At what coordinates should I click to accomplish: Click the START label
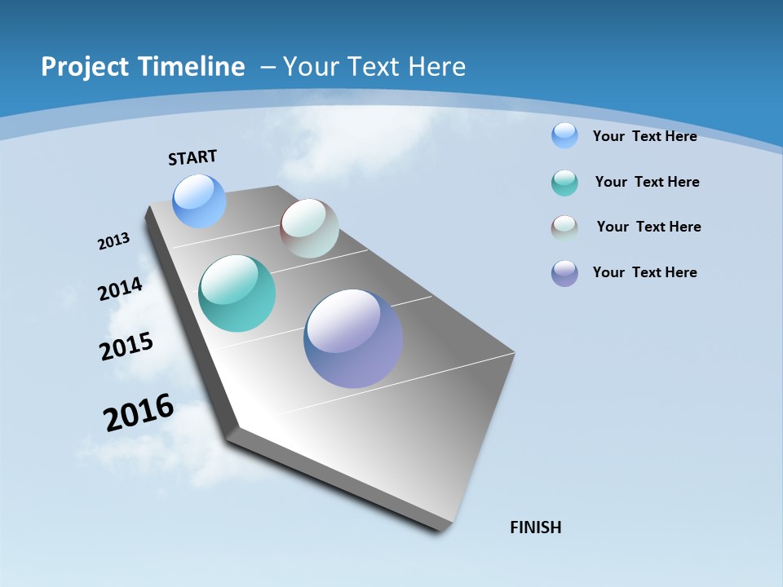[192, 157]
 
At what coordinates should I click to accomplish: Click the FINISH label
[536, 527]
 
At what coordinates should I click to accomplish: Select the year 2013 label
[113, 241]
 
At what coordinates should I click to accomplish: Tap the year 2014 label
[121, 289]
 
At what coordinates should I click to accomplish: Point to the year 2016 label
[139, 413]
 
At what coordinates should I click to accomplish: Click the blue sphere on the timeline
[200, 201]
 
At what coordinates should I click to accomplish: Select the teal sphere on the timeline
[237, 293]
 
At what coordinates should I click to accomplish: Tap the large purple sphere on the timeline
[353, 338]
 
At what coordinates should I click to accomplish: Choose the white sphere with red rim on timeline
[309, 229]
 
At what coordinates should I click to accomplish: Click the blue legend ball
[564, 135]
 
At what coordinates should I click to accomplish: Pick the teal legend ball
[564, 183]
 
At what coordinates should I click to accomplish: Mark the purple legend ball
[564, 273]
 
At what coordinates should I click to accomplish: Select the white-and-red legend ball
[564, 228]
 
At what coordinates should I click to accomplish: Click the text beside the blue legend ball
[645, 136]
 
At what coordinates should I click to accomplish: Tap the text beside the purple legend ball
[645, 272]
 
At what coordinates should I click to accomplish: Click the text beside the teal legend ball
[648, 182]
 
